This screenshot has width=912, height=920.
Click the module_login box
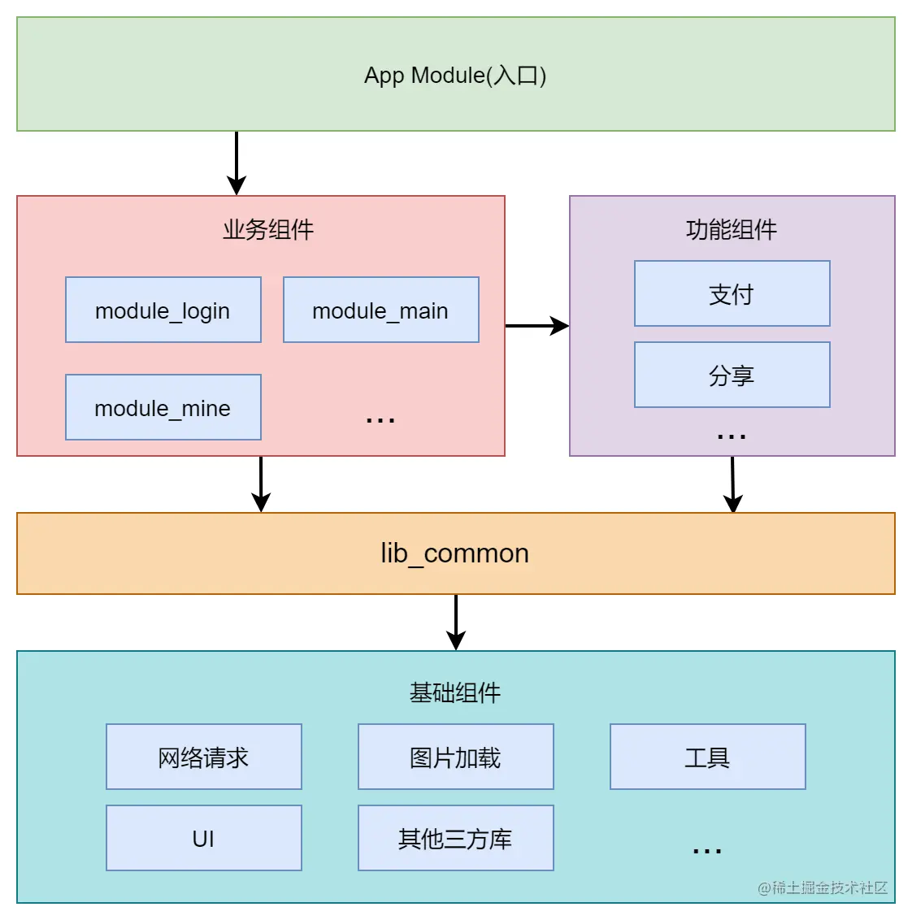[x=163, y=310]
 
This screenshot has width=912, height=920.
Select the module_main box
[x=380, y=310]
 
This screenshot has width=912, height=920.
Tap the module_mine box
[x=163, y=407]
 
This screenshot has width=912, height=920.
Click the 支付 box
[x=732, y=293]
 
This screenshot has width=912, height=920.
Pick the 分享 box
[x=732, y=375]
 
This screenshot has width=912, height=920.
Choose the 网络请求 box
[x=203, y=757]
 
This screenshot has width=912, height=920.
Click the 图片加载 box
[x=455, y=757]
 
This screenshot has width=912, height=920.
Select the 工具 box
[x=707, y=757]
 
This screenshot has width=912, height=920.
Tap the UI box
[x=203, y=838]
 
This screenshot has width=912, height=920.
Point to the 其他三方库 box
[x=455, y=838]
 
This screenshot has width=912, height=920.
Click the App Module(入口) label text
[x=455, y=75]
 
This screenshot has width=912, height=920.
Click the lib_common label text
[x=455, y=553]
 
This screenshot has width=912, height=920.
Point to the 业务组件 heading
[x=268, y=229]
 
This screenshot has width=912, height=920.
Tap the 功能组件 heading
[x=732, y=229]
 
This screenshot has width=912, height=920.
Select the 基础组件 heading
[x=455, y=692]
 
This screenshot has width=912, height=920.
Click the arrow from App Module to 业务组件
[x=237, y=163]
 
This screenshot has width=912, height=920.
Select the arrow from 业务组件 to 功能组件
[x=536, y=326]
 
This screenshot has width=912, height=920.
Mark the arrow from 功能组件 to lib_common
[x=732, y=484]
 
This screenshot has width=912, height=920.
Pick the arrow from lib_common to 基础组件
[x=456, y=622]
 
